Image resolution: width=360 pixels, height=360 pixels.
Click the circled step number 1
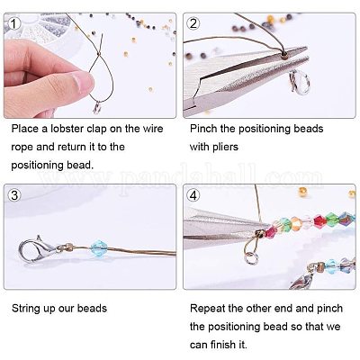click(x=13, y=23)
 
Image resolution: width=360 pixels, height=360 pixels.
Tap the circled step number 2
click(x=193, y=23)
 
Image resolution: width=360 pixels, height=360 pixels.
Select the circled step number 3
click(x=14, y=195)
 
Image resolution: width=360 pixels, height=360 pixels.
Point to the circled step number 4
click(x=193, y=195)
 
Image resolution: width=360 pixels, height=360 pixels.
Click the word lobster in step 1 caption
click(x=67, y=129)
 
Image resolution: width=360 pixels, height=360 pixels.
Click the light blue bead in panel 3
click(x=98, y=247)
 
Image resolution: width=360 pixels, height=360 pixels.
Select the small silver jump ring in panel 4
click(x=251, y=258)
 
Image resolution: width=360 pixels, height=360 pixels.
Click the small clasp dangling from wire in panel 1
click(x=97, y=108)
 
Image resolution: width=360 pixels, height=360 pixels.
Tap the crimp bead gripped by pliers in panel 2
click(x=283, y=54)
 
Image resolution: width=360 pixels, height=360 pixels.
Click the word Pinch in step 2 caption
click(x=203, y=129)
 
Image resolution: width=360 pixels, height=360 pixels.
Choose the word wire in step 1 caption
click(x=153, y=129)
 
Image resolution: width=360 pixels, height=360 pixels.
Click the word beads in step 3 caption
click(x=92, y=309)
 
